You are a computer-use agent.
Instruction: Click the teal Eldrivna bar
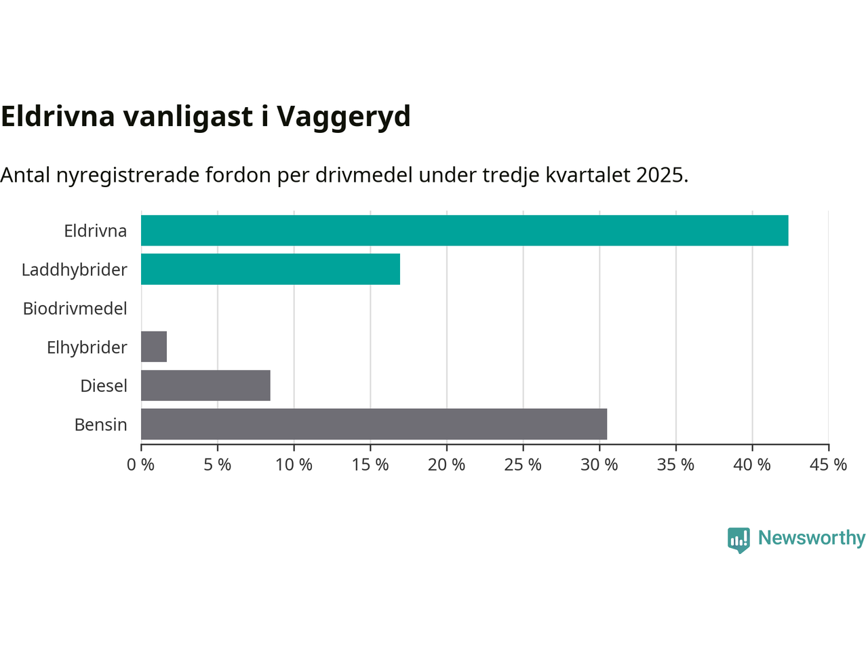[465, 231]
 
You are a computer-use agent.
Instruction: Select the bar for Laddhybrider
[271, 269]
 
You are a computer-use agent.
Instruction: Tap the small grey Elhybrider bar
[154, 347]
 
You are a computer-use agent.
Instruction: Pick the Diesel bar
[205, 385]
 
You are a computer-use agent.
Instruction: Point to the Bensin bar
[374, 424]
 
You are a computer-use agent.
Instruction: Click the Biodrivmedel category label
[75, 309]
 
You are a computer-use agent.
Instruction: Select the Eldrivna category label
[96, 231]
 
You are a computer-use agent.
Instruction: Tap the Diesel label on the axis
[104, 386]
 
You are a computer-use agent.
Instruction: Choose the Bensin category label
[101, 425]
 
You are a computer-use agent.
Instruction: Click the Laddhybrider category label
[75, 270]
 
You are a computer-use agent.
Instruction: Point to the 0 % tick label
[141, 465]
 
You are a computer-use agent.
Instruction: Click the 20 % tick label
[447, 465]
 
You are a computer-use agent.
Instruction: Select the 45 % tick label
[829, 465]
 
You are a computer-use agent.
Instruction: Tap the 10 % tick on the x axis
[294, 465]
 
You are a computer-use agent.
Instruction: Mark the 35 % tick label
[676, 465]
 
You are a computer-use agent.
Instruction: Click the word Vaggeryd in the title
[344, 117]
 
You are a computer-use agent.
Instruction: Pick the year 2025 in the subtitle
[662, 175]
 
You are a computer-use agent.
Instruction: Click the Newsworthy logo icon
[738, 540]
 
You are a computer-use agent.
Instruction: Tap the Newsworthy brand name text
[812, 538]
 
